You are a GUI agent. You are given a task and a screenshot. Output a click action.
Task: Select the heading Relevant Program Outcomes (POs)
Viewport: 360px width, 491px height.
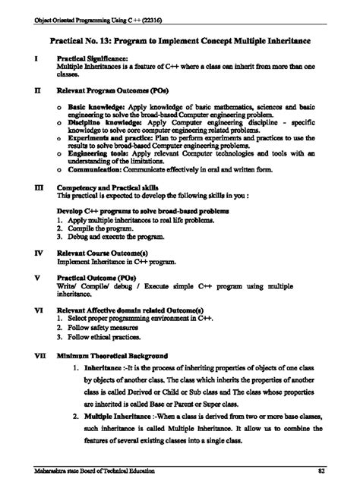[x=114, y=88]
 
